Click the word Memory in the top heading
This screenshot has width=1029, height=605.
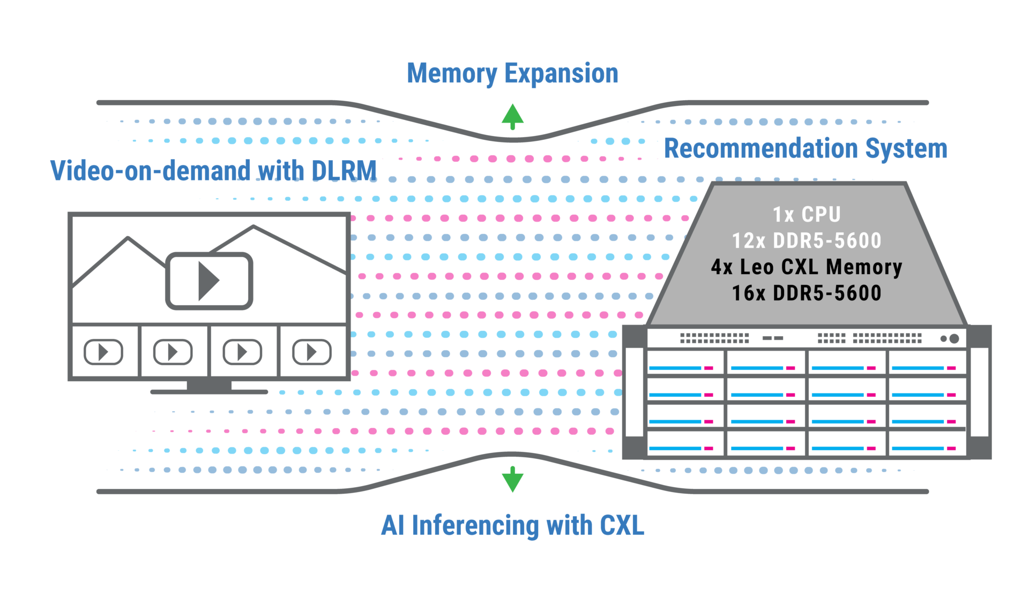tap(452, 74)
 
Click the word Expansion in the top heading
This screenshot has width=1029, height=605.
tap(561, 74)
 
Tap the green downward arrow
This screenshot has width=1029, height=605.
tap(512, 479)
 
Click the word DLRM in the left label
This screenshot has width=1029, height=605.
tap(345, 171)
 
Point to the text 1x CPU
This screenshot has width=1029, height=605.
tap(807, 215)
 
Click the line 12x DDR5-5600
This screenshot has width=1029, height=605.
tap(807, 241)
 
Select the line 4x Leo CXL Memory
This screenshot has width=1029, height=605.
tap(807, 267)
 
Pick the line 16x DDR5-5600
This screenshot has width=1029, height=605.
tap(807, 293)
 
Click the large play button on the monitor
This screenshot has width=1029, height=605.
tap(209, 281)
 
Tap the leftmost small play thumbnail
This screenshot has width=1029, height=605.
tap(103, 352)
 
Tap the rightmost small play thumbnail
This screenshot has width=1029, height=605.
tap(312, 352)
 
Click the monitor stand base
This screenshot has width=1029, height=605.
tap(209, 391)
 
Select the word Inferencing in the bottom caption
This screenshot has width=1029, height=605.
tap(475, 526)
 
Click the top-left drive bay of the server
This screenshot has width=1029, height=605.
tap(685, 362)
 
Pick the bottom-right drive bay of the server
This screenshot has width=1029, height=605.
tap(927, 443)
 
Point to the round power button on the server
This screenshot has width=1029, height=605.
tap(954, 338)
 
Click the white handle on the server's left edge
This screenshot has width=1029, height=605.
tap(634, 392)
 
